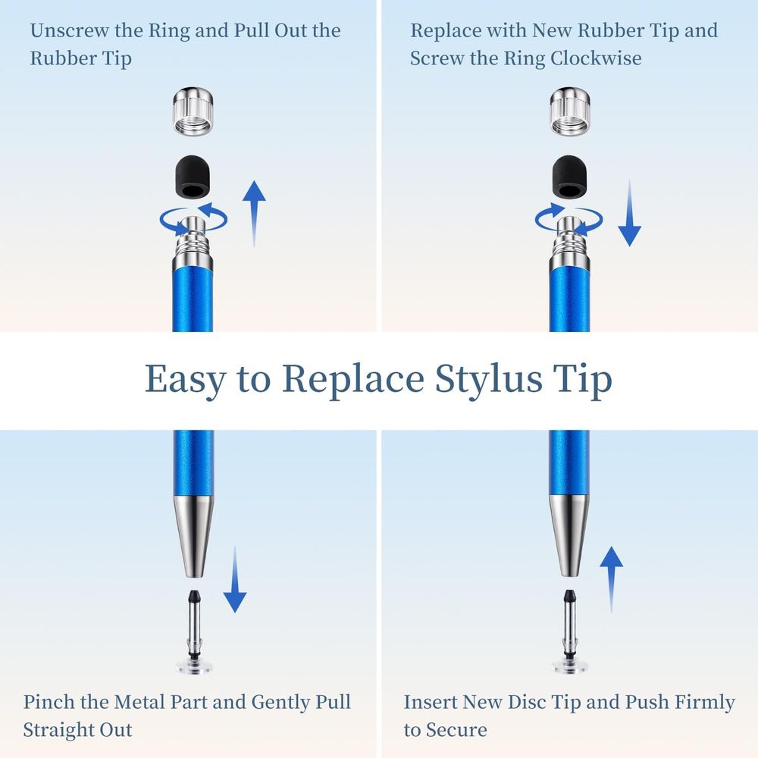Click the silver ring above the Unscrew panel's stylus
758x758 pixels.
point(193,111)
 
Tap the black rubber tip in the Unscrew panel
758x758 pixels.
point(193,177)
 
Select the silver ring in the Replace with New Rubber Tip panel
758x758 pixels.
point(570,111)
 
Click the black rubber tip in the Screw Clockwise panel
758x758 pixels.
point(570,177)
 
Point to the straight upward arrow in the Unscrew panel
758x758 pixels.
point(254,214)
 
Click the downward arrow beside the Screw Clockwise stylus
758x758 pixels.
point(630,214)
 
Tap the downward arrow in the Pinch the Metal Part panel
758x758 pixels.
point(235,580)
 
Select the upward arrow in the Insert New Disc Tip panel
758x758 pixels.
point(612,580)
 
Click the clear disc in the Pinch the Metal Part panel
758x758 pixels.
point(194,667)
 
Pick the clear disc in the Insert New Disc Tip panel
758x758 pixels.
point(571,667)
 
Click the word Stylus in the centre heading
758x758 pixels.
point(488,380)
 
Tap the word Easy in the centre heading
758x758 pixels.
point(186,380)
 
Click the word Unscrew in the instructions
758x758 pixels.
point(70,30)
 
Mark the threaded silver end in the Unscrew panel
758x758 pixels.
point(193,243)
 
